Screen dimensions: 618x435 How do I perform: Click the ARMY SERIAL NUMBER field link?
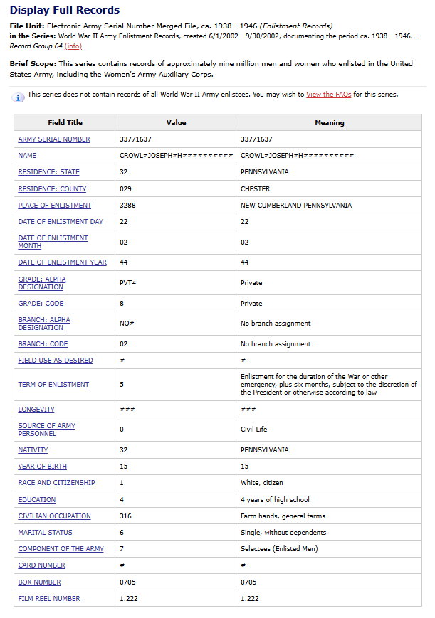(54, 139)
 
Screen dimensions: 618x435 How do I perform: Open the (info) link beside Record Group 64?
(73, 46)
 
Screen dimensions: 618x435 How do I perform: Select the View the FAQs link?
(328, 95)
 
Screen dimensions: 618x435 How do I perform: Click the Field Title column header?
(65, 123)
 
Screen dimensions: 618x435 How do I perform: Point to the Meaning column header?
(329, 123)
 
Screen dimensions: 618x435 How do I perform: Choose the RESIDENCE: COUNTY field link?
(52, 189)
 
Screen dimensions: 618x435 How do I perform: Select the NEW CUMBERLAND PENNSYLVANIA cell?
(296, 206)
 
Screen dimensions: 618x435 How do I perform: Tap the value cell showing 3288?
(127, 206)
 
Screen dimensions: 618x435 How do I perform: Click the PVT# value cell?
(128, 283)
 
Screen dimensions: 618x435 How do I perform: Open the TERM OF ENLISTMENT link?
(53, 385)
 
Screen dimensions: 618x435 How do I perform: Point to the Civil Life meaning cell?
(254, 430)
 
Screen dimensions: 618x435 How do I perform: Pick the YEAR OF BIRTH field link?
(43, 467)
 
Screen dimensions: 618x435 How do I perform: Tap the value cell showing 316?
(125, 516)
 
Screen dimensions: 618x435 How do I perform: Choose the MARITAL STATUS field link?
(45, 533)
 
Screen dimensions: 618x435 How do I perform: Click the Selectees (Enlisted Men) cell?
(279, 549)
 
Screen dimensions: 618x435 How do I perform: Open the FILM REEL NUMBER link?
(49, 599)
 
